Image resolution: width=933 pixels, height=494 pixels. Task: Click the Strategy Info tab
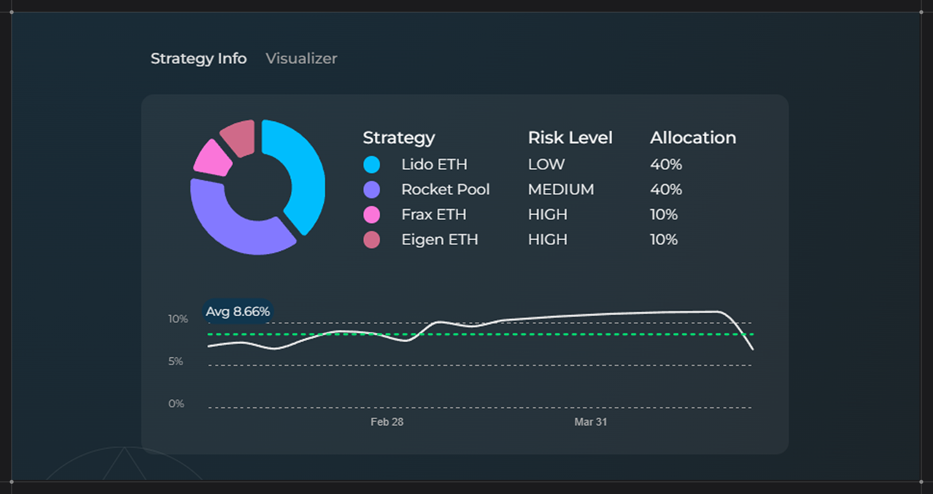point(198,58)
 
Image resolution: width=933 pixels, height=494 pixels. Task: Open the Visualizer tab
point(301,58)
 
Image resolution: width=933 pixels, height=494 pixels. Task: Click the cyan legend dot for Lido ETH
point(372,164)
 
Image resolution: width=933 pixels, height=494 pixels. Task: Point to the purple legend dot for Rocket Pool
point(372,190)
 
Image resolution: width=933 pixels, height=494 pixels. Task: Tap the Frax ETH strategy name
point(433,214)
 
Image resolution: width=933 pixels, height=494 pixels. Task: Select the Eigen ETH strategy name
point(439,240)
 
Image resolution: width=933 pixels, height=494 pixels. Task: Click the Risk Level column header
point(570,138)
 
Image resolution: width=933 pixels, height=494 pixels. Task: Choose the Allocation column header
point(693,138)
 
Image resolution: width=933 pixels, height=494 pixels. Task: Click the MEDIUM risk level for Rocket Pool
point(561,190)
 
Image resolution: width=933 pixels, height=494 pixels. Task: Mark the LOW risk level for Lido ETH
point(546,164)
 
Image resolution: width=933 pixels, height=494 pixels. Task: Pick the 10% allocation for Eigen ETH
point(664,240)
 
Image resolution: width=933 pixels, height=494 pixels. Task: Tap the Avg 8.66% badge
point(238,311)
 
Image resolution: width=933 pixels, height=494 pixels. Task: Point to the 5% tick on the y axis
point(175,361)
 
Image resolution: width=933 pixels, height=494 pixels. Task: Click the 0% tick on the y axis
point(176,404)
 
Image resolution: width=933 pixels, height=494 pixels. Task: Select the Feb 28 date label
point(387,422)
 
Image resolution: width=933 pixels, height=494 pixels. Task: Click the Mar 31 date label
point(590,422)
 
